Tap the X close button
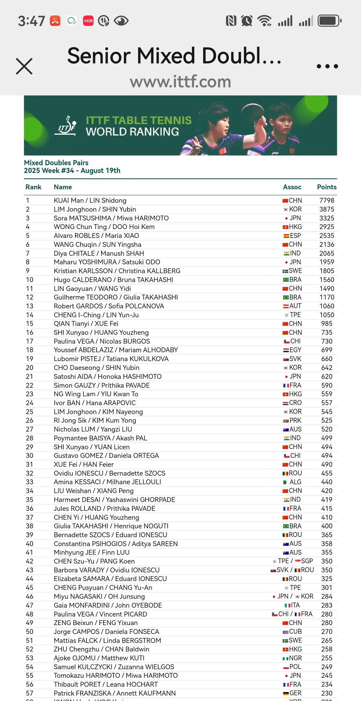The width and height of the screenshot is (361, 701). point(24,66)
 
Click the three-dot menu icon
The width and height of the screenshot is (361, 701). point(327,66)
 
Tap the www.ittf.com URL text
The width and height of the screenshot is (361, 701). point(180,82)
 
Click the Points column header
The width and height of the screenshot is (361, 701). point(327,187)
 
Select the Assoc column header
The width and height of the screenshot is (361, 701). point(292,187)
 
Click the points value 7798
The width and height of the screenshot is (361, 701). point(327,200)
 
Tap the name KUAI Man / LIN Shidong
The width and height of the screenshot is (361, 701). point(90,200)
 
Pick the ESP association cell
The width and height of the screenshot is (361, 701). point(292,236)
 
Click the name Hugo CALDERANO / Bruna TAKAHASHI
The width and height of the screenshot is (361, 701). point(113,280)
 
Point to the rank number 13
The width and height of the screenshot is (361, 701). point(30,306)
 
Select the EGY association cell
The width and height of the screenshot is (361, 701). point(292,350)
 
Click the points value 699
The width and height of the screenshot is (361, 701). point(327,350)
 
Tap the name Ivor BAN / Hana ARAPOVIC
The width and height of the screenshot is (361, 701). point(95,403)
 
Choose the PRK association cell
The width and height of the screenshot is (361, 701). point(292,420)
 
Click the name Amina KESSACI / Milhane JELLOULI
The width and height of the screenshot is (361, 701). point(107,482)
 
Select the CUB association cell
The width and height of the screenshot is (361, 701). point(292,631)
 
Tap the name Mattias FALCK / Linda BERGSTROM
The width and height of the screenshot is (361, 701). point(107,640)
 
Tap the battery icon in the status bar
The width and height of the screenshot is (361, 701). point(329,21)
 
